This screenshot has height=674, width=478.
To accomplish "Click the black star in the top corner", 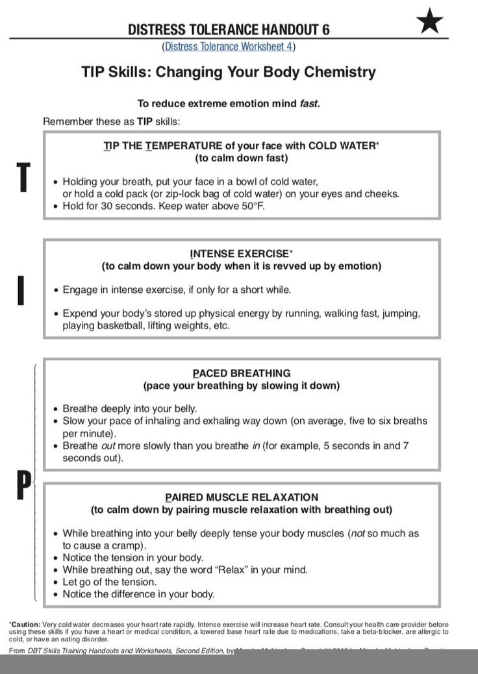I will (x=430, y=22).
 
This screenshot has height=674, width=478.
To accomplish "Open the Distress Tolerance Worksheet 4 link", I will (x=228, y=46).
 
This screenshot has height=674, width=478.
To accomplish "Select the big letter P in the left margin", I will (x=23, y=485).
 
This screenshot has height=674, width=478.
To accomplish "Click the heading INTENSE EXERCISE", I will (x=239, y=253).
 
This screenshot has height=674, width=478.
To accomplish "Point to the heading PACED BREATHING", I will (x=242, y=373).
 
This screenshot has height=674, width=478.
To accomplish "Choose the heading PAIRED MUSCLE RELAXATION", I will (x=242, y=497).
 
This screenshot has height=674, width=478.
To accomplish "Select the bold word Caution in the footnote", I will (x=26, y=624).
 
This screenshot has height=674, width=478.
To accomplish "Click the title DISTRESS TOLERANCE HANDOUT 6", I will (x=229, y=29).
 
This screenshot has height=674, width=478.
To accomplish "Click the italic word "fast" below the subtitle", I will (x=308, y=103).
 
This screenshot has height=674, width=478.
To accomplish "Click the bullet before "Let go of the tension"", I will (x=55, y=582).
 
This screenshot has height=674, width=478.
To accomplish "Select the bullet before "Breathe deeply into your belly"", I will (x=55, y=409).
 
